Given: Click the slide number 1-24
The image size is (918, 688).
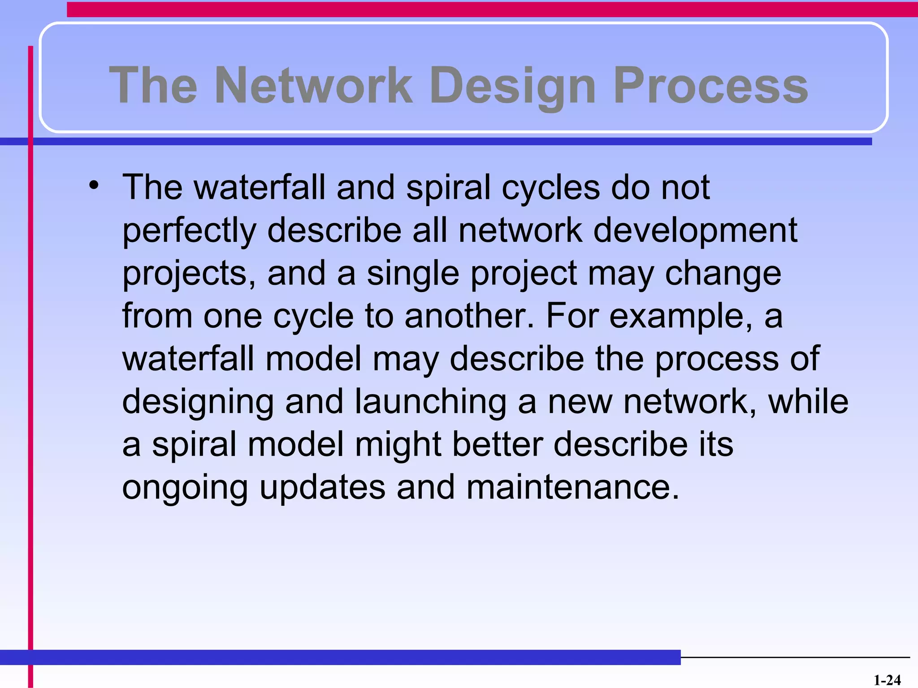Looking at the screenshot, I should click(x=887, y=680).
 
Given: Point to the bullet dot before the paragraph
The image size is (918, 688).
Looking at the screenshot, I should click(x=93, y=185).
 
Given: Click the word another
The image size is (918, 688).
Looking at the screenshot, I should click(x=469, y=316).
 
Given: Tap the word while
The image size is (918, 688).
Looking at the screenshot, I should click(x=808, y=401).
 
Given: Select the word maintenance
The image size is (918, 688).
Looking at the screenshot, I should click(x=573, y=487).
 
